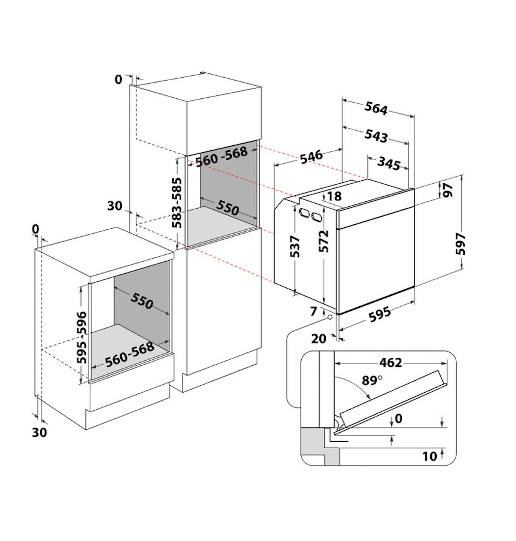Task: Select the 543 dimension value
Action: pyautogui.click(x=376, y=136)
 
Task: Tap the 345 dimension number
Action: pyautogui.click(x=389, y=163)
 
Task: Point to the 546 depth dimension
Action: pyautogui.click(x=311, y=156)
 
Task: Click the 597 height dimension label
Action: pyautogui.click(x=460, y=243)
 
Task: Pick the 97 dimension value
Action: pyautogui.click(x=448, y=190)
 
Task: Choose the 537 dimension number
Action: pyautogui.click(x=295, y=246)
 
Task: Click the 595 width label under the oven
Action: pyautogui.click(x=380, y=314)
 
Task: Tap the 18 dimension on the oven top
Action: pyautogui.click(x=334, y=196)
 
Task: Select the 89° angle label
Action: pyautogui.click(x=372, y=380)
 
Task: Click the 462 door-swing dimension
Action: pyautogui.click(x=391, y=363)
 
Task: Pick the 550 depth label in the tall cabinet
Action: pyautogui.click(x=227, y=207)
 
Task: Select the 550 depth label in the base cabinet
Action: pyautogui.click(x=142, y=301)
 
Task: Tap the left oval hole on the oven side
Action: pyautogui.click(x=303, y=213)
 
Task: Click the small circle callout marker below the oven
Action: pyautogui.click(x=330, y=317)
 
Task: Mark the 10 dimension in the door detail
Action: pyautogui.click(x=430, y=456)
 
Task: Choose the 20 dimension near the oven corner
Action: pyautogui.click(x=318, y=339)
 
